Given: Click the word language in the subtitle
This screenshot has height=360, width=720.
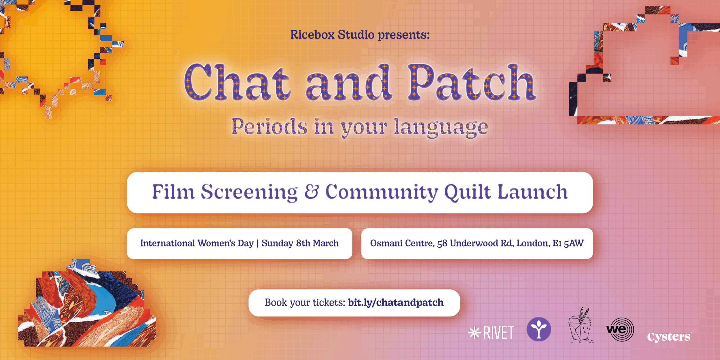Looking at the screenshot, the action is click(x=441, y=128).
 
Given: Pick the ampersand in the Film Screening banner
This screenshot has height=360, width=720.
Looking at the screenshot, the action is click(x=312, y=192).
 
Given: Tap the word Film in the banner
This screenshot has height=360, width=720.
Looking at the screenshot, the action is click(x=173, y=192).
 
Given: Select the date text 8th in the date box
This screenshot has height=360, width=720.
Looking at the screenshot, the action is click(x=303, y=243).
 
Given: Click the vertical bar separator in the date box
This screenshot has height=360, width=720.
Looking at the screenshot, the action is click(x=258, y=243).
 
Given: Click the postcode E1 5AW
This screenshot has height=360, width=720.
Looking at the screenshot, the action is click(x=568, y=243).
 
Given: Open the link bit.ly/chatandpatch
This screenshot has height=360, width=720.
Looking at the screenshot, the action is click(x=396, y=303).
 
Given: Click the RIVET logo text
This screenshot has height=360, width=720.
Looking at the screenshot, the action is click(x=499, y=333).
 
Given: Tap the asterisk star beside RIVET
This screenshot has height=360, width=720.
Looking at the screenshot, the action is click(x=474, y=333).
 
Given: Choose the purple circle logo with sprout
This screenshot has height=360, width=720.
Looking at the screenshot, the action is click(x=539, y=329).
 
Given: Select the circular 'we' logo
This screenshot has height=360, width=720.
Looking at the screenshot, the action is click(x=620, y=329).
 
